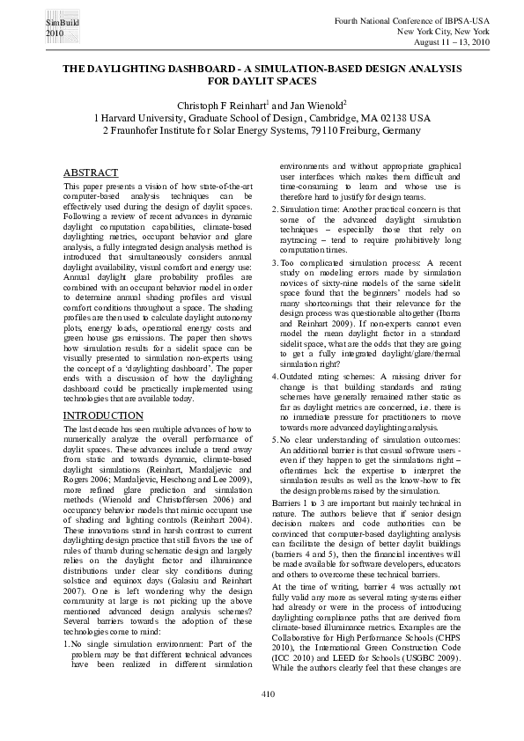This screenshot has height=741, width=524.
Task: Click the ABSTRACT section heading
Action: click(x=90, y=174)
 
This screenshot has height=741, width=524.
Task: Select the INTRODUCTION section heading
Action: click(x=101, y=415)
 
